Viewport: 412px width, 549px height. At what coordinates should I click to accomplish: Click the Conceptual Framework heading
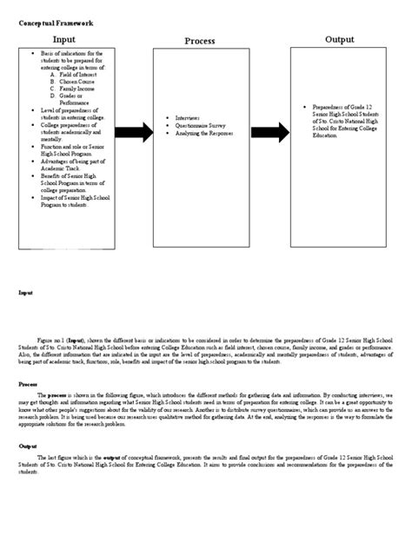pyautogui.click(x=56, y=23)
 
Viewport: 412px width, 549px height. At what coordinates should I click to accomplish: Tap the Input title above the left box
pyautogui.click(x=64, y=40)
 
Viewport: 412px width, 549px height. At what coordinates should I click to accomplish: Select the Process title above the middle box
pyautogui.click(x=201, y=42)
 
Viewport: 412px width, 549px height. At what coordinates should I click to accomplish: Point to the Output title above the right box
pyautogui.click(x=340, y=40)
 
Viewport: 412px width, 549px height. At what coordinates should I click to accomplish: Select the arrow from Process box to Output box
pyautogui.click(x=271, y=132)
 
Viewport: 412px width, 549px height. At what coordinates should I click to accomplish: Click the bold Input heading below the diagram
pyautogui.click(x=27, y=294)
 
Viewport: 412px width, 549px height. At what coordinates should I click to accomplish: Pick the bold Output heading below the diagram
pyautogui.click(x=29, y=443)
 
